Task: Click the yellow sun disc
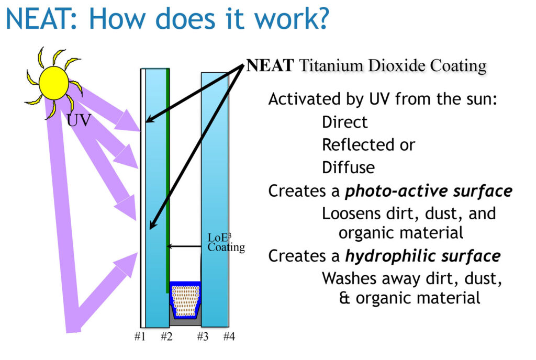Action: [x=54, y=83]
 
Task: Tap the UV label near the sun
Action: [x=79, y=120]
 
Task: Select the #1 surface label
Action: [x=140, y=336]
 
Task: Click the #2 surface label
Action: [x=166, y=336]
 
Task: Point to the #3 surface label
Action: [x=203, y=336]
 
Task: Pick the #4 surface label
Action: [x=229, y=336]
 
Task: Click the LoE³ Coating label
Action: [x=226, y=242]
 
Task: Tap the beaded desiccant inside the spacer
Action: [x=185, y=300]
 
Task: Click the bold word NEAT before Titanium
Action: [x=270, y=65]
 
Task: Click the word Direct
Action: [x=344, y=122]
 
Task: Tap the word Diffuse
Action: [x=348, y=168]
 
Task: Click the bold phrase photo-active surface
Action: [x=429, y=191]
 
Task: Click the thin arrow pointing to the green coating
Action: [x=184, y=246]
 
